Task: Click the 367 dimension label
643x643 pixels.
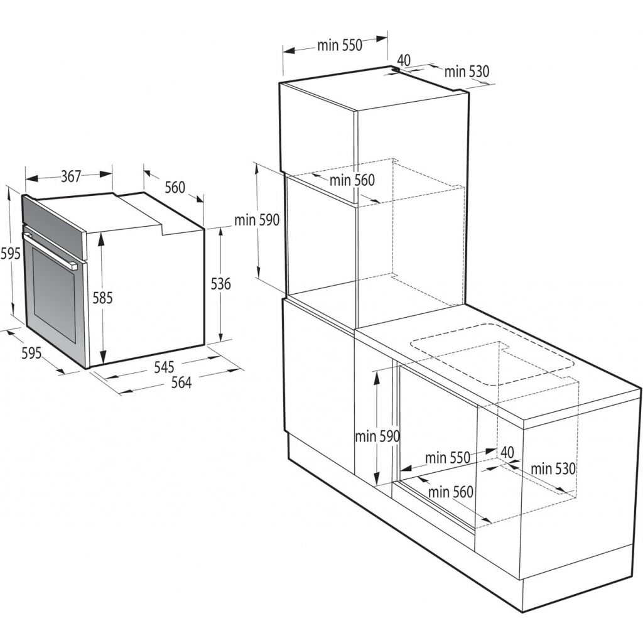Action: [71, 176]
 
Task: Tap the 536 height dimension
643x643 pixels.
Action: [220, 284]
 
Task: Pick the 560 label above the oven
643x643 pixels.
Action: [175, 187]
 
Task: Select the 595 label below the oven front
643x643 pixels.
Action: [31, 353]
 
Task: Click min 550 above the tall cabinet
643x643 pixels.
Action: [340, 45]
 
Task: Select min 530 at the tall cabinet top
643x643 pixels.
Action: [467, 72]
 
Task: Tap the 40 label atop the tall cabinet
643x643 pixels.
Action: [404, 60]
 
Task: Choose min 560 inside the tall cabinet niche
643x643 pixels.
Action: [352, 180]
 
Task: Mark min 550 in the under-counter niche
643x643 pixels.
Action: [448, 458]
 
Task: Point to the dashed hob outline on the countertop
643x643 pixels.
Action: [493, 355]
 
